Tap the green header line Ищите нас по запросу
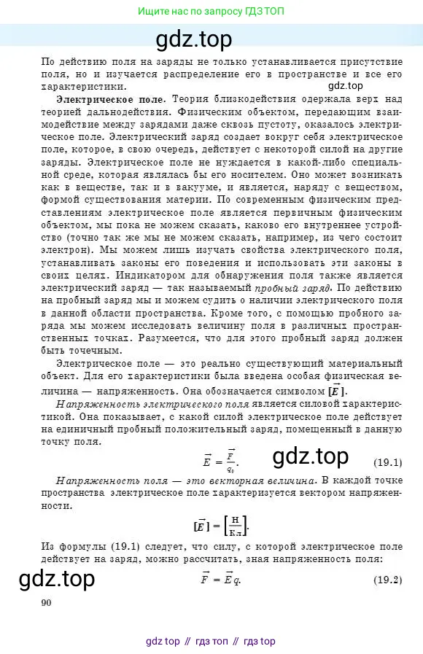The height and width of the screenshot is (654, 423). (211, 12)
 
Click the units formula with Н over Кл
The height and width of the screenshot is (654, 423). (220, 523)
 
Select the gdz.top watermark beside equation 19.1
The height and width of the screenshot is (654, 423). (311, 457)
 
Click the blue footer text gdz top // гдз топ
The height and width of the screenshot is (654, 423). (211, 641)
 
